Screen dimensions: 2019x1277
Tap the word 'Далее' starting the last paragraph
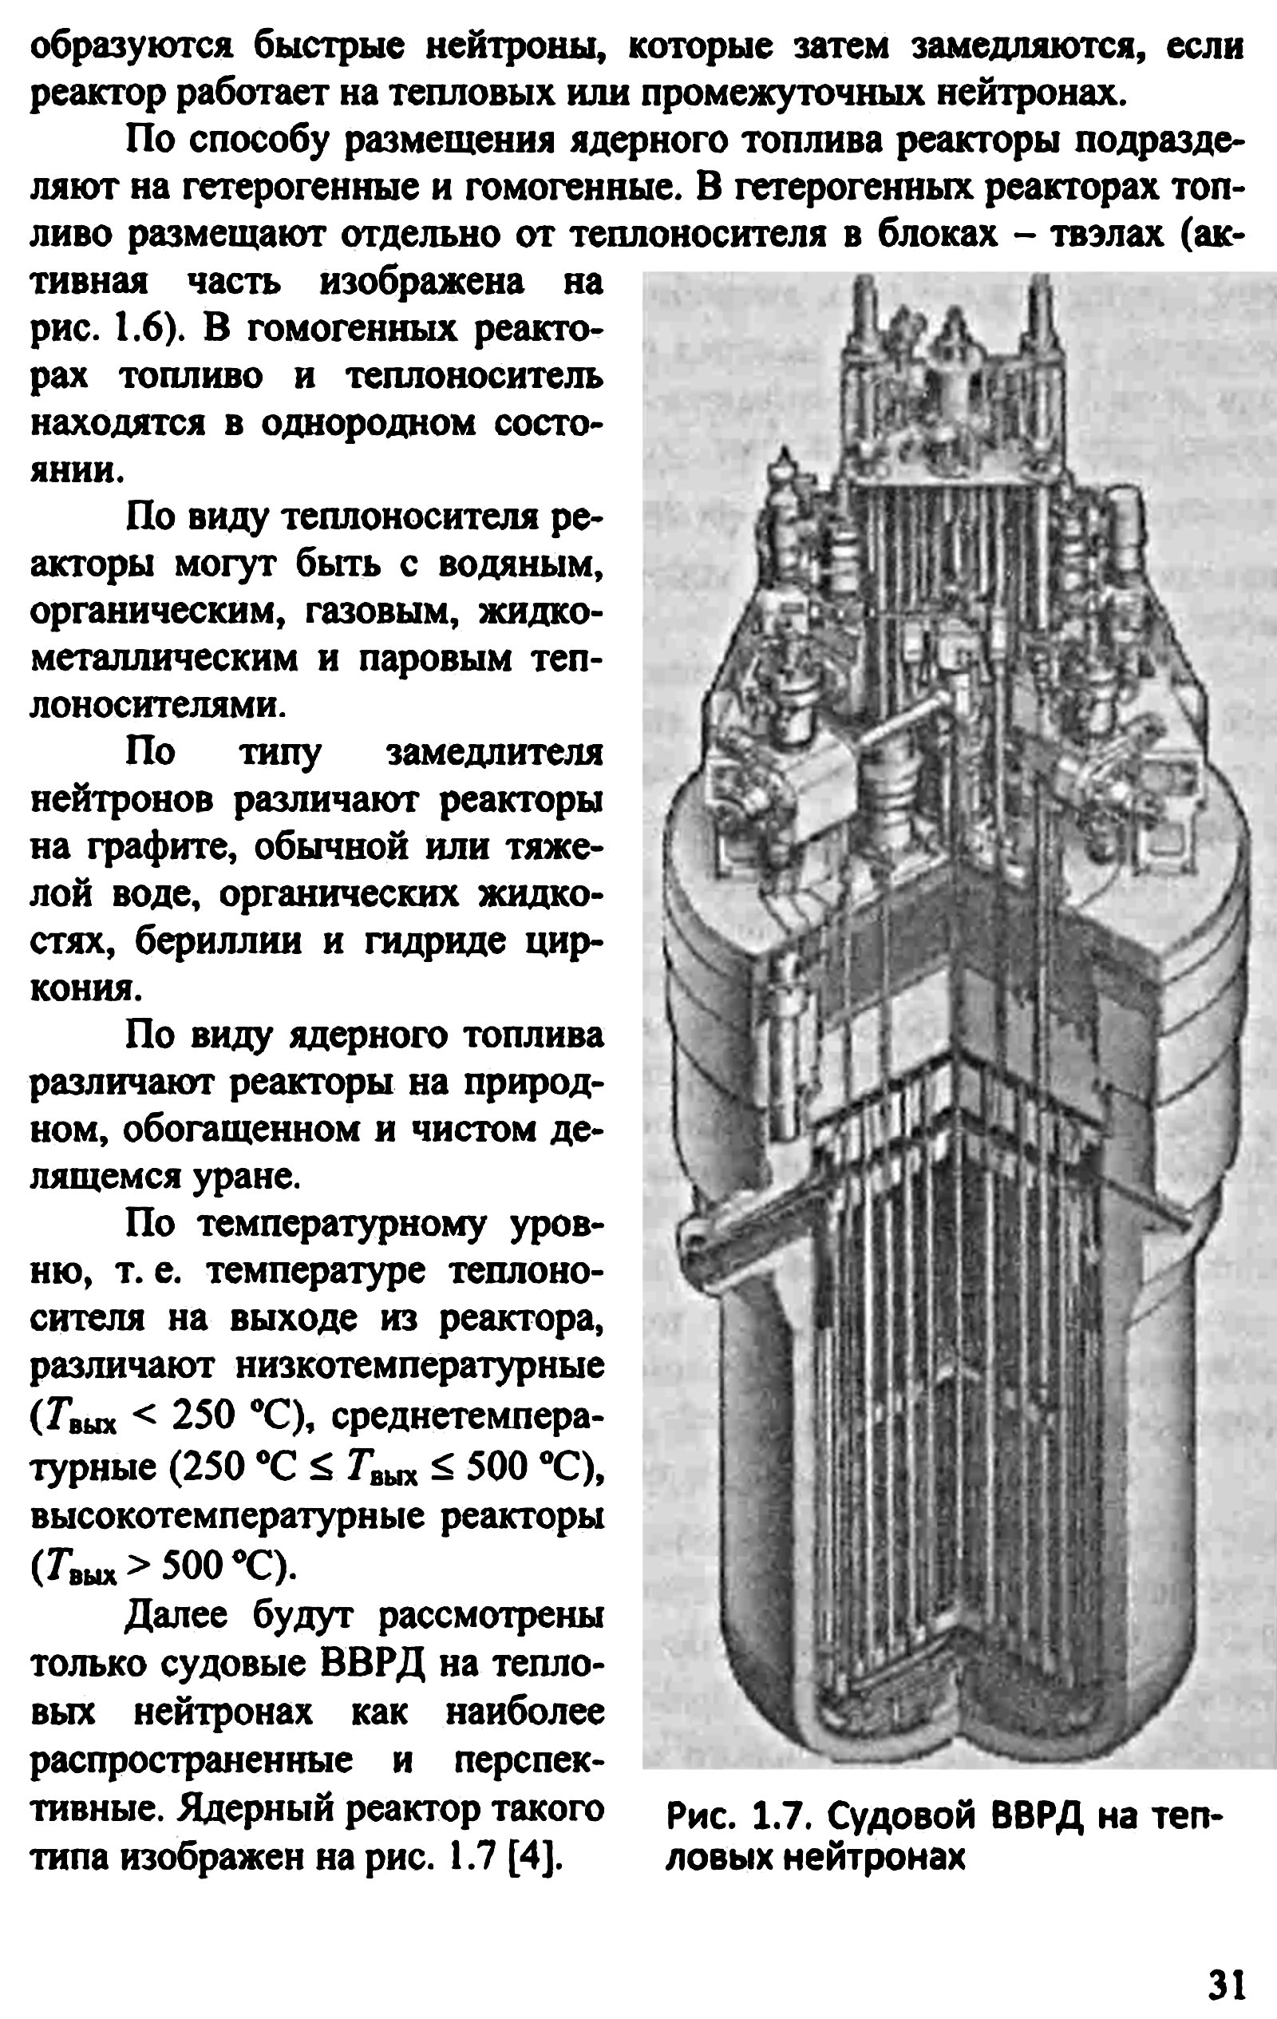click(179, 1615)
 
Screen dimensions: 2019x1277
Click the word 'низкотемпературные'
click(418, 1367)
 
